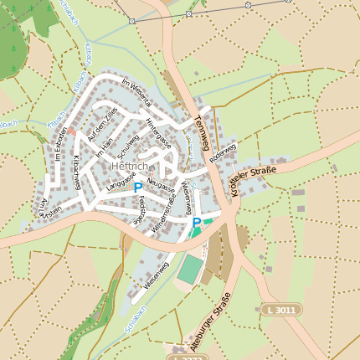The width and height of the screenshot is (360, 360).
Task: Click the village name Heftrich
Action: pyautogui.click(x=128, y=167)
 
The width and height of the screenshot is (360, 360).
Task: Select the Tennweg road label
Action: pyautogui.click(x=205, y=126)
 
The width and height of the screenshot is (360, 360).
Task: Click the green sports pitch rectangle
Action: pyautogui.click(x=190, y=269)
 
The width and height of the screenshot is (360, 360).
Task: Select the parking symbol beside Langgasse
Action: pyautogui.click(x=137, y=188)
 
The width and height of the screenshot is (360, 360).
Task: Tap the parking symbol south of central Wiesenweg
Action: pyautogui.click(x=197, y=223)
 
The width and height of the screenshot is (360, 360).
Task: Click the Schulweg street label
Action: pyautogui.click(x=128, y=148)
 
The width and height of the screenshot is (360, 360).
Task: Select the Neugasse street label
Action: pyautogui.click(x=161, y=182)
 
